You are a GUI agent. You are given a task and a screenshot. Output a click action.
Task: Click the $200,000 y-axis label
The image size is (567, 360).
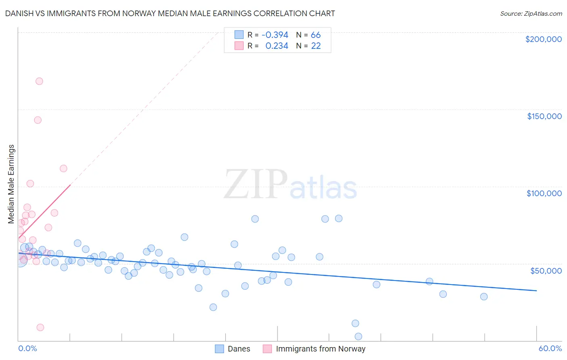click(x=543, y=39)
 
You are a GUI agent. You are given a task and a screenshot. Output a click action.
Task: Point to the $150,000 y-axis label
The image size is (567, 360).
click(x=544, y=116)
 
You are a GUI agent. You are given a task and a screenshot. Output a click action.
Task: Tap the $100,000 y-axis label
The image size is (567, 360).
click(x=544, y=193)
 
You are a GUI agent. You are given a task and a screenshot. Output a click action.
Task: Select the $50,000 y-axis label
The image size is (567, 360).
click(x=546, y=270)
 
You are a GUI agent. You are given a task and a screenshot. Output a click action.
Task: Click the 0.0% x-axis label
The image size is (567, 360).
click(x=27, y=348)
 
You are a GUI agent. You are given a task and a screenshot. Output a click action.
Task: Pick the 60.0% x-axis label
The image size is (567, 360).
click(x=550, y=348)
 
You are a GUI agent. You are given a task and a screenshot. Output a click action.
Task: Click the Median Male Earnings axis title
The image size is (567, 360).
click(x=11, y=184)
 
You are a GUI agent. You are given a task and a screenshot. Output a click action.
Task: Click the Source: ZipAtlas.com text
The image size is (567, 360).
click(x=531, y=13)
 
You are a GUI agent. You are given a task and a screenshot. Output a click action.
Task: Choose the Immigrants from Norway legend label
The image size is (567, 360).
click(x=321, y=349)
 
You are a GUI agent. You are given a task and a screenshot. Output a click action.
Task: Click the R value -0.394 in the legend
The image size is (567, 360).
click(x=275, y=35)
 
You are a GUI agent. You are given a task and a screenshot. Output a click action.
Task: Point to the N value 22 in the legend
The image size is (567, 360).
click(x=316, y=46)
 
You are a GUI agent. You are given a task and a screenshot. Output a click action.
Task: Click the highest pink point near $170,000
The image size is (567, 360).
click(x=39, y=81)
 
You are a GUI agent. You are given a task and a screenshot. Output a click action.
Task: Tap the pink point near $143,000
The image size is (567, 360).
click(x=38, y=120)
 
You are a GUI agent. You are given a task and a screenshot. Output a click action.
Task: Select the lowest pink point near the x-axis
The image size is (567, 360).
click(x=40, y=327)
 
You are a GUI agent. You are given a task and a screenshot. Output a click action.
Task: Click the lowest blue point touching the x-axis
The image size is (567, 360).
click(x=358, y=336)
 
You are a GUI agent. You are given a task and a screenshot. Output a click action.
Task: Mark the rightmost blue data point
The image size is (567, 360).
click(x=484, y=297)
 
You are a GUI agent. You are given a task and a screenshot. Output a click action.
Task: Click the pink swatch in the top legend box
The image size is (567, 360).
click(x=239, y=46)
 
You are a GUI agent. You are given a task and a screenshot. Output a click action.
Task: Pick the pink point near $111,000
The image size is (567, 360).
click(x=63, y=168)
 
